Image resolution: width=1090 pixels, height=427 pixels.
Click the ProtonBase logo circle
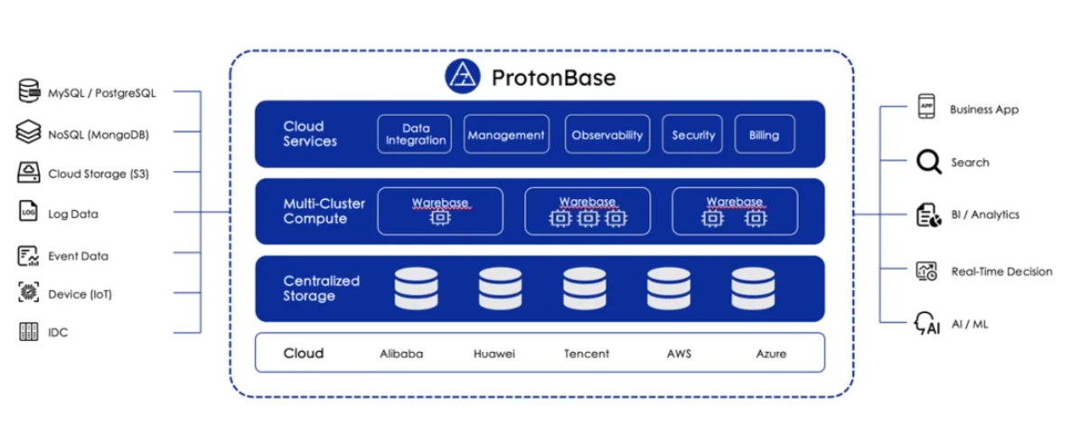click(x=462, y=76)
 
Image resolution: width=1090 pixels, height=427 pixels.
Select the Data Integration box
click(x=415, y=134)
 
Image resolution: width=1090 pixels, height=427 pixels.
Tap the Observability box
click(x=607, y=134)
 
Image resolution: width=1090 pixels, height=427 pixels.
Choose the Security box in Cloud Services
click(x=692, y=134)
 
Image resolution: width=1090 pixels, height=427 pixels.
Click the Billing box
click(x=765, y=134)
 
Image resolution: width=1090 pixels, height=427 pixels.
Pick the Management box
click(x=506, y=134)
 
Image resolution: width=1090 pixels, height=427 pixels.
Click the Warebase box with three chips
click(x=587, y=212)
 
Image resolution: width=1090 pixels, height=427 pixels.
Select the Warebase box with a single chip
click(x=440, y=212)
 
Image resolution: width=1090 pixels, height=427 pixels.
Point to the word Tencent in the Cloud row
click(x=587, y=354)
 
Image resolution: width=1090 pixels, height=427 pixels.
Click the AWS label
click(x=679, y=354)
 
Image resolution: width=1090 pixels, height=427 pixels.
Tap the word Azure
click(x=771, y=354)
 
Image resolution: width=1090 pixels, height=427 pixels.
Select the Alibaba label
click(x=401, y=354)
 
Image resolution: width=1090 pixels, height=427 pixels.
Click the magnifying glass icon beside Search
click(x=928, y=162)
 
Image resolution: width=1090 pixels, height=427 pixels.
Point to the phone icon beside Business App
click(x=926, y=106)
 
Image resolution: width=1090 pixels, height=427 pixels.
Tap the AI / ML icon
click(x=927, y=323)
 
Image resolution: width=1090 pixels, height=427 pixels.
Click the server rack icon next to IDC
click(x=28, y=332)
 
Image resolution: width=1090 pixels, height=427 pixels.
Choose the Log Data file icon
click(x=28, y=212)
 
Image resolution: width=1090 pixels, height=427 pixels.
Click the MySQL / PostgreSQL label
click(x=102, y=93)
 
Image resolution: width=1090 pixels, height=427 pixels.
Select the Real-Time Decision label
click(x=1001, y=271)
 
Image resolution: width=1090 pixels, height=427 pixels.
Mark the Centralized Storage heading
click(x=321, y=289)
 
